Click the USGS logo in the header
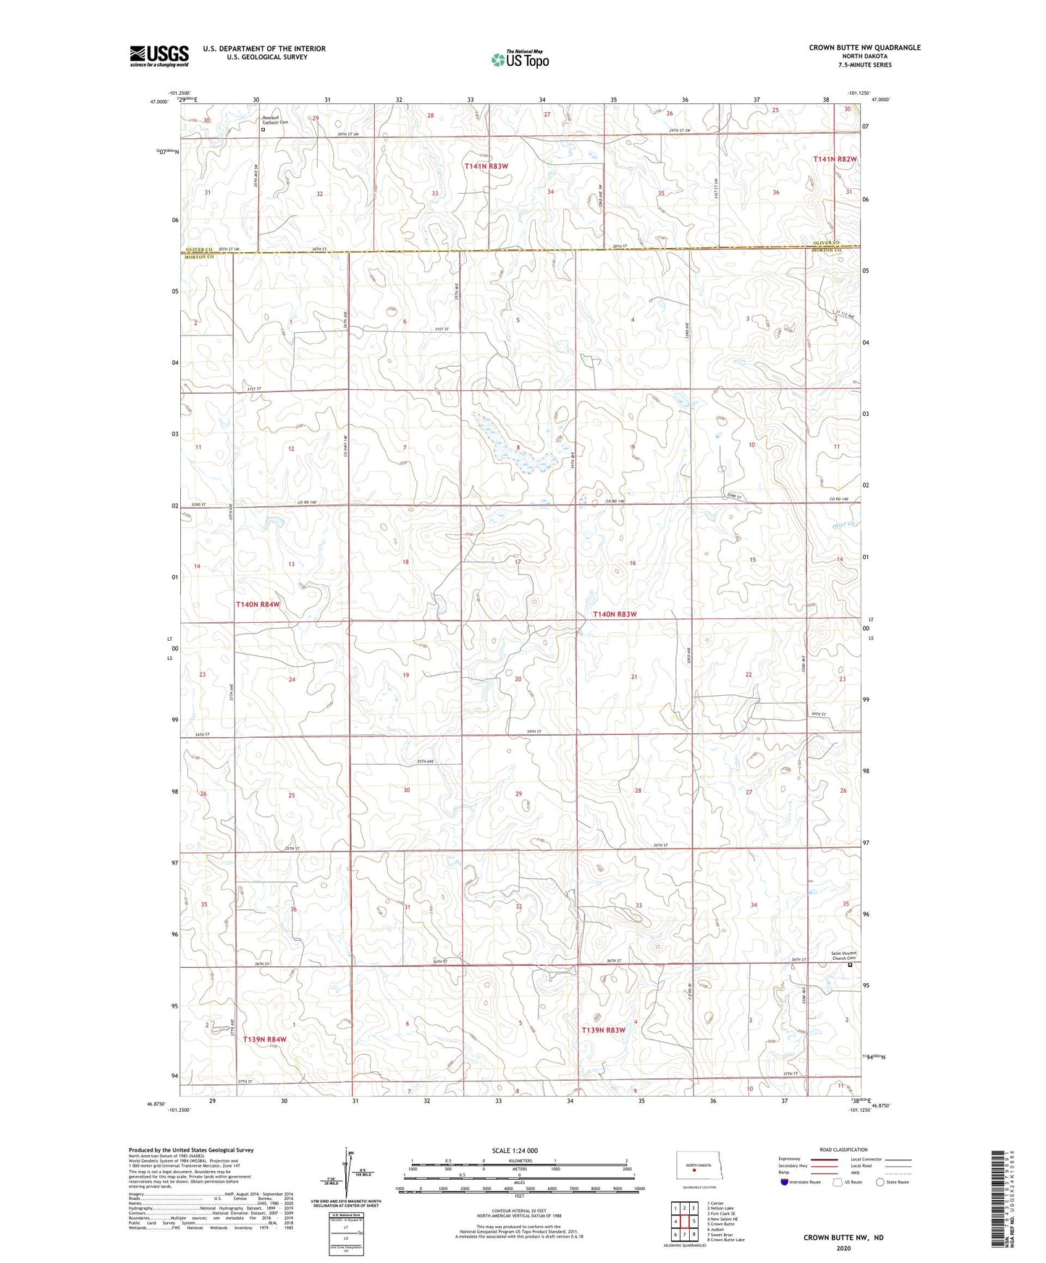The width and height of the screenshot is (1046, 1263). [159, 56]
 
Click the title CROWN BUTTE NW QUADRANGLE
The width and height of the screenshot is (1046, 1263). [864, 48]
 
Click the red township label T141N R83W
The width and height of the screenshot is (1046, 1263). [486, 166]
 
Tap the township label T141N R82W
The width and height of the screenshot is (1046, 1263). [835, 159]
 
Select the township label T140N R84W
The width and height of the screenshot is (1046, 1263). [258, 604]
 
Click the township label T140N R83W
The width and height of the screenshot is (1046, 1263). [615, 614]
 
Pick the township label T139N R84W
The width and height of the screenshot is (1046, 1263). [265, 1039]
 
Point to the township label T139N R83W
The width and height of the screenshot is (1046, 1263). [603, 1029]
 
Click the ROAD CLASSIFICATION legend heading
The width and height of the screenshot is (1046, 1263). [843, 1149]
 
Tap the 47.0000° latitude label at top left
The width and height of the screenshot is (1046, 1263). [159, 102]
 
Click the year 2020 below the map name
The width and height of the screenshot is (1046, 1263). [843, 1248]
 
